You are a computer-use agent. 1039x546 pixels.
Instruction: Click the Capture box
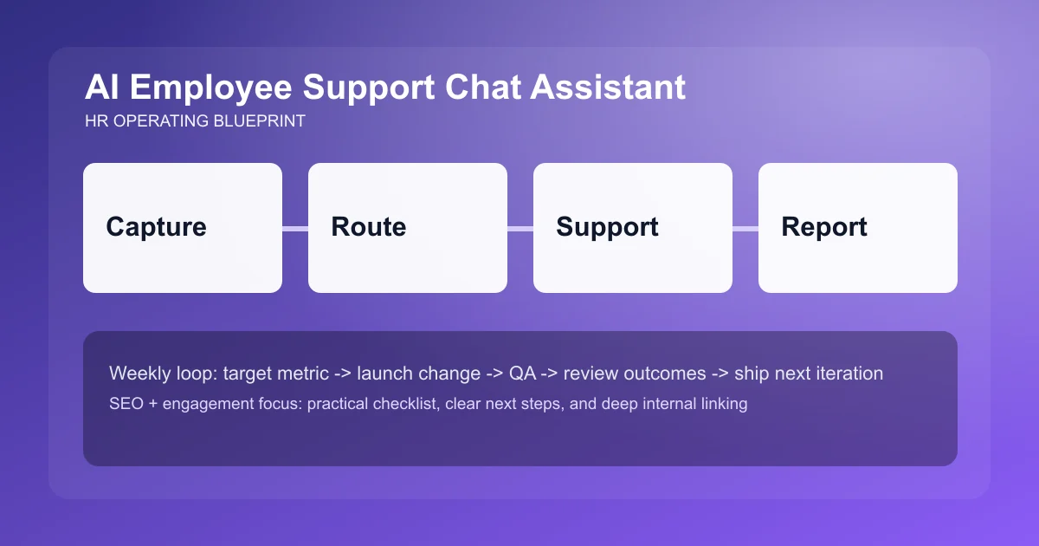[183, 228]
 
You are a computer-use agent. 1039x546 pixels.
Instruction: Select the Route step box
[408, 228]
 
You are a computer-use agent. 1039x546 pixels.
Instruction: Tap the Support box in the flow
[633, 228]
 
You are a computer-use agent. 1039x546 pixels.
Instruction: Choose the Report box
[858, 228]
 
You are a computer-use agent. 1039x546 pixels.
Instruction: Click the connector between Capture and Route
[295, 229]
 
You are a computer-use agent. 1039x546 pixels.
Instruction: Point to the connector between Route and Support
[520, 229]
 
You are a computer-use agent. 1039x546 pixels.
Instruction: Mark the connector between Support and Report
[745, 229]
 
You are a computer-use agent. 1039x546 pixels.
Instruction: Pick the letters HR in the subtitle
[96, 121]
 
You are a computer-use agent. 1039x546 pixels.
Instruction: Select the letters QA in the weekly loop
[522, 374]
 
